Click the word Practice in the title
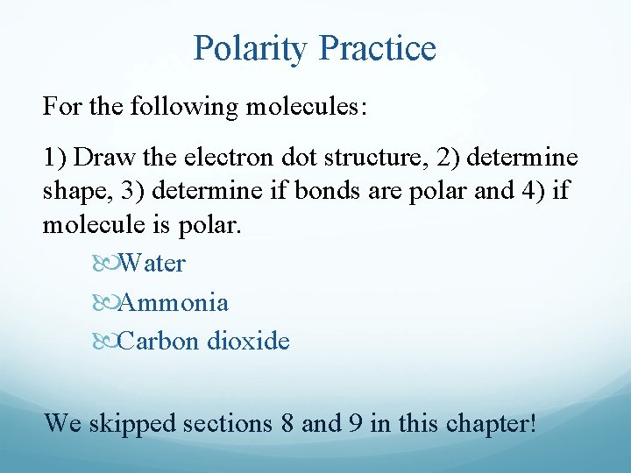coord(379,48)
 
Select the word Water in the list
coord(152,262)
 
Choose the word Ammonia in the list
coord(174,302)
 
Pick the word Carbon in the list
coord(159,341)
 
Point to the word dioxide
coord(248,341)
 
